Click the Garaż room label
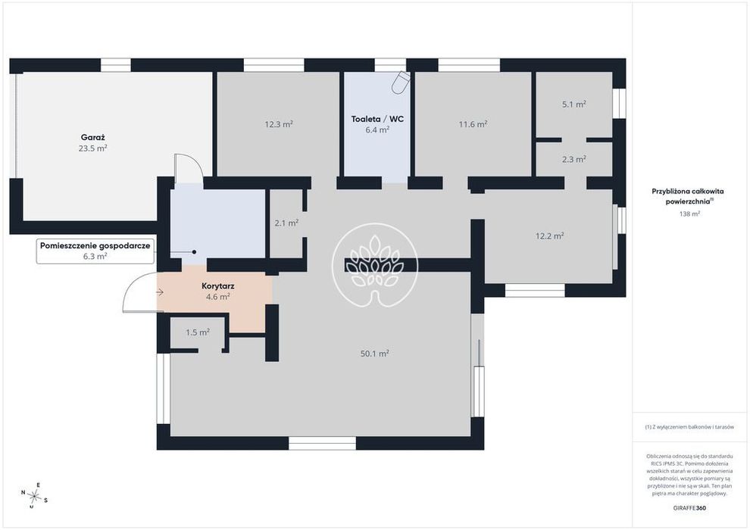pyautogui.click(x=92, y=138)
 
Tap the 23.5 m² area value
pyautogui.click(x=92, y=148)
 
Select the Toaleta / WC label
pyautogui.click(x=377, y=119)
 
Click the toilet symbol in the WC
pyautogui.click(x=400, y=82)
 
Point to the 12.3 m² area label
pyautogui.click(x=279, y=124)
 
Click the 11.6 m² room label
pyautogui.click(x=473, y=124)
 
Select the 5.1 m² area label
pyautogui.click(x=574, y=104)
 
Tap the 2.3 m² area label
pyautogui.click(x=574, y=159)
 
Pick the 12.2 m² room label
pyautogui.click(x=549, y=235)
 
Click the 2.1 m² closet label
pyautogui.click(x=286, y=223)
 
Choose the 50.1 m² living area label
pyautogui.click(x=374, y=354)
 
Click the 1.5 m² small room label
pyautogui.click(x=198, y=332)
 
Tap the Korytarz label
pyautogui.click(x=217, y=286)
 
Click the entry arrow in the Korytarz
pyautogui.click(x=160, y=292)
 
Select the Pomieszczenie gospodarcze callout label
pyautogui.click(x=95, y=246)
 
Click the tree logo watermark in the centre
pyautogui.click(x=375, y=265)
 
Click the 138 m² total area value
pyautogui.click(x=689, y=214)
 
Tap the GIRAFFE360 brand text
pyautogui.click(x=689, y=508)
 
